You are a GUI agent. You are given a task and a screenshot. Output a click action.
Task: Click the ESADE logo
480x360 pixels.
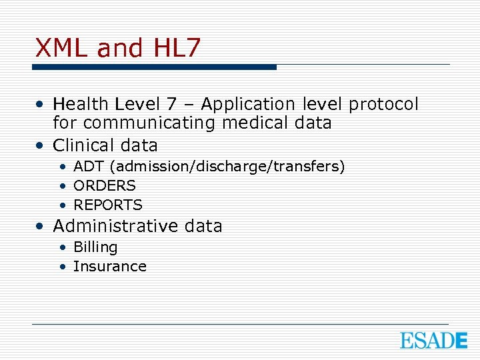(x=433, y=340)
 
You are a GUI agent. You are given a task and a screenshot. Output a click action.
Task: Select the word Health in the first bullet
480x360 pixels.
(x=81, y=105)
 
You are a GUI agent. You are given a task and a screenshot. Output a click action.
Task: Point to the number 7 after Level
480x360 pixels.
(x=172, y=105)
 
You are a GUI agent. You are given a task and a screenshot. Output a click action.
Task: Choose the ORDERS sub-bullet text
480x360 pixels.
(x=105, y=185)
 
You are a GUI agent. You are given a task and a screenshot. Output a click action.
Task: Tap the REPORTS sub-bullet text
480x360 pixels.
(x=108, y=205)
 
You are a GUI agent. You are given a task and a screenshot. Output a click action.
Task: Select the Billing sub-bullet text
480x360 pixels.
(x=95, y=247)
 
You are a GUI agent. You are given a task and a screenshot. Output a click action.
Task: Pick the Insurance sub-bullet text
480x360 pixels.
(x=110, y=267)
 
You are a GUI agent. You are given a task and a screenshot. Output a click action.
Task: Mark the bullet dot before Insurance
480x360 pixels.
(x=62, y=267)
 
